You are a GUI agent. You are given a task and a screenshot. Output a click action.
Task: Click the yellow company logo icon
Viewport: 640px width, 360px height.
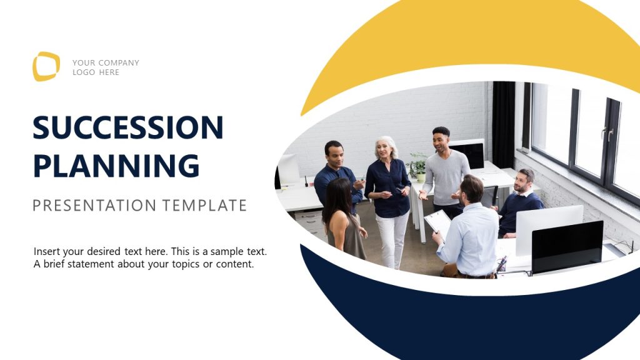(x=46, y=66)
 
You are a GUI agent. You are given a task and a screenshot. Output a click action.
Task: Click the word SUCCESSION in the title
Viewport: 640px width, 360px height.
(x=128, y=127)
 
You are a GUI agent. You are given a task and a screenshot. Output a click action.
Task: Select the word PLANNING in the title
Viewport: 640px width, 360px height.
(x=116, y=165)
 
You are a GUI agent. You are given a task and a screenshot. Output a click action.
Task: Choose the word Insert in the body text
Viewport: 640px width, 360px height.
(x=47, y=251)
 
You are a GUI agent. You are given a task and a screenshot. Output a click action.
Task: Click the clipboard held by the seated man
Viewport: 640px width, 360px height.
(x=438, y=221)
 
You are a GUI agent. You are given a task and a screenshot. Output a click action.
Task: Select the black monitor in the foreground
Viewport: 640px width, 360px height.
(x=567, y=246)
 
